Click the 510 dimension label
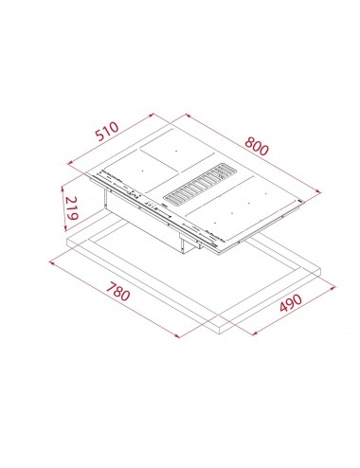click(108, 131)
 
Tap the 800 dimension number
click(257, 146)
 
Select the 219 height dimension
click(71, 207)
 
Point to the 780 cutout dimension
click(117, 292)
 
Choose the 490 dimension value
click(291, 302)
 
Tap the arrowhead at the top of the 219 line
click(63, 189)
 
